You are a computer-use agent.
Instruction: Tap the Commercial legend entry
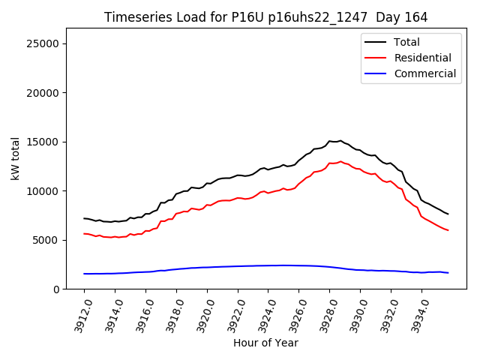424,73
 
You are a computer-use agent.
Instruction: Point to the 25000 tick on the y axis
43,44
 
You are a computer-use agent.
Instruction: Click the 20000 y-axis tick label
43,93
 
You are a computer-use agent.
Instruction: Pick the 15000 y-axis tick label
43,142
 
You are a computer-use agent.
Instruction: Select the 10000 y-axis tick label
43,191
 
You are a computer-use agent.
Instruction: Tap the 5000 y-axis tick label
46,241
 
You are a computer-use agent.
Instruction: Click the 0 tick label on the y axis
56,289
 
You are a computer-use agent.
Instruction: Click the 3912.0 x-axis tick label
79,314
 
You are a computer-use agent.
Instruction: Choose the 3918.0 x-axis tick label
171,314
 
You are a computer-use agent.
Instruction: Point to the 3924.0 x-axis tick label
262,314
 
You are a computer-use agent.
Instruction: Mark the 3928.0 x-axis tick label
324,314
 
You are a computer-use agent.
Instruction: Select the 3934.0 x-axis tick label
416,314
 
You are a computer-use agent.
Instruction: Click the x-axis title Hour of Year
265,343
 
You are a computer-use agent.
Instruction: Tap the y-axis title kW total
15,158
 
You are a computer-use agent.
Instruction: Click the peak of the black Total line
340,140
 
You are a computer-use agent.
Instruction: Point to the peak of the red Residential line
340,161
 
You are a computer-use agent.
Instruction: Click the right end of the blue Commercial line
448,272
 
